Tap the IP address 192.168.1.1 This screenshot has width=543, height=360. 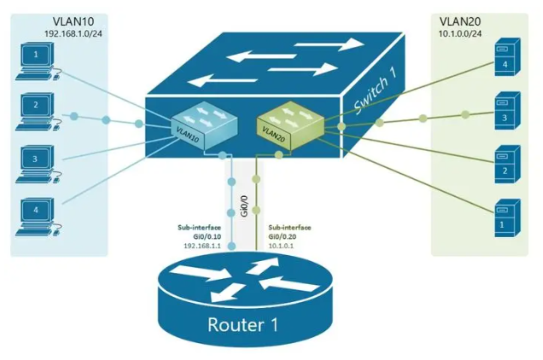tap(201, 246)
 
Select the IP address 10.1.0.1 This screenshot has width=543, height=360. tap(283, 246)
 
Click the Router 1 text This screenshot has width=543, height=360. tap(244, 324)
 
